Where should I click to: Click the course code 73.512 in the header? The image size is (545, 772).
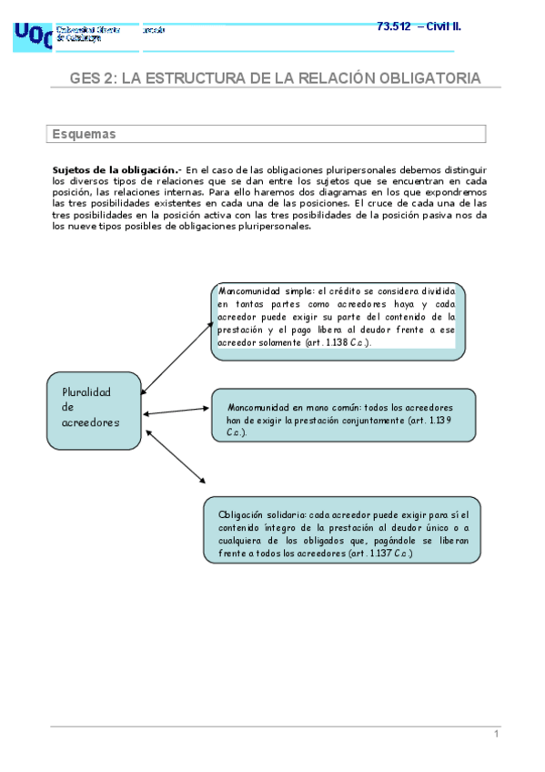pos(393,25)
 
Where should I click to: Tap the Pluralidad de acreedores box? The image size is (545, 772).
pos(94,409)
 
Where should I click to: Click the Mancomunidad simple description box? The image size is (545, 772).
pos(338,320)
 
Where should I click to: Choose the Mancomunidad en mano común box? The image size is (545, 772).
pos(344,415)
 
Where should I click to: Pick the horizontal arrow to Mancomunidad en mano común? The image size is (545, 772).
pos(177,412)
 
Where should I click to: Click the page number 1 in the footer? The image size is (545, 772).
pos(496,735)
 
